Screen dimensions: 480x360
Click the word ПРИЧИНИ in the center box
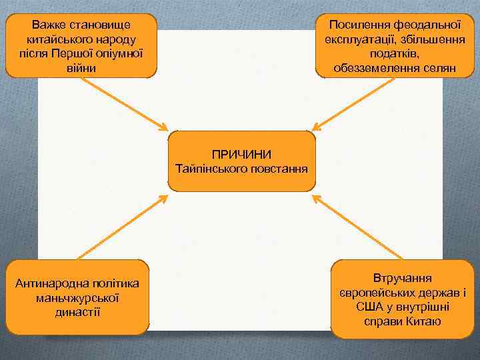[241, 153]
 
